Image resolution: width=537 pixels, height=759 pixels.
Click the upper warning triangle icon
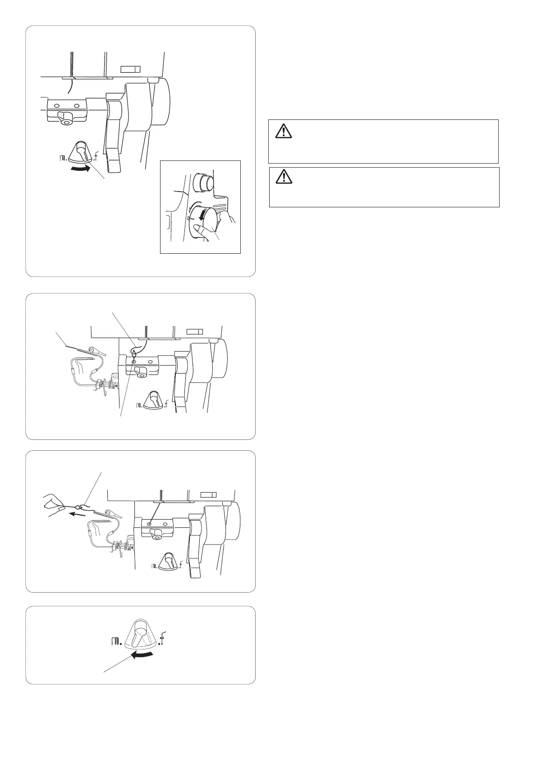[283, 130]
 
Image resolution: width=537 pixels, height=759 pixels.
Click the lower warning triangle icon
[284, 178]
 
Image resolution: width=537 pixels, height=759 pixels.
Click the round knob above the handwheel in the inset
[202, 183]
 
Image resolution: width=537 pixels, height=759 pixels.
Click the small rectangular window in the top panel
[131, 69]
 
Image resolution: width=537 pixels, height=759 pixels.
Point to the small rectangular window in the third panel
[208, 495]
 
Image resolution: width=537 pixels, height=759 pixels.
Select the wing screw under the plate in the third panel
[156, 535]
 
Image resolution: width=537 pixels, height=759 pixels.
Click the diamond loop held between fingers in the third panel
[81, 506]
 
